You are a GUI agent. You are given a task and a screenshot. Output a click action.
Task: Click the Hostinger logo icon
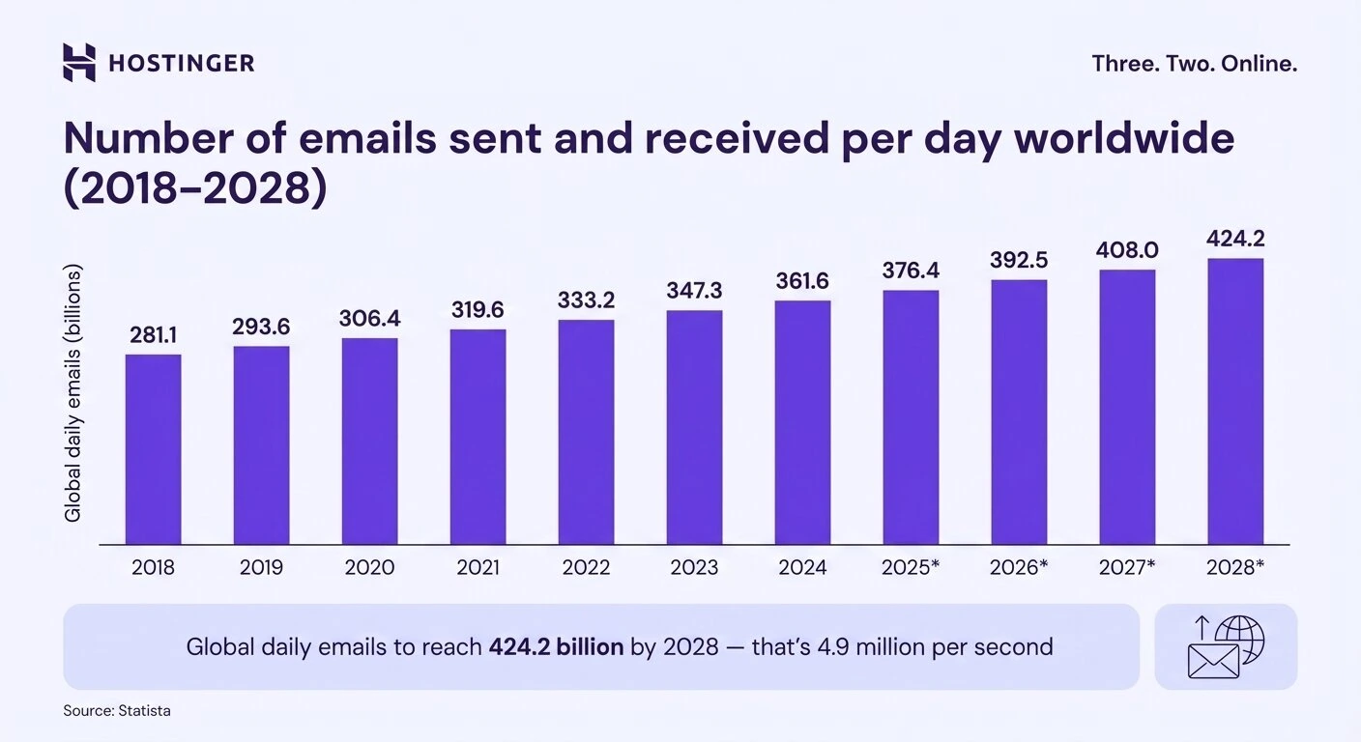click(x=79, y=63)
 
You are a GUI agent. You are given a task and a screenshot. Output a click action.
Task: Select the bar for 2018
click(x=153, y=449)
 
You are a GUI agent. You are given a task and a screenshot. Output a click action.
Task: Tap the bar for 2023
click(x=694, y=427)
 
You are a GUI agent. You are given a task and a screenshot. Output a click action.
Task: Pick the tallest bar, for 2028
click(x=1235, y=401)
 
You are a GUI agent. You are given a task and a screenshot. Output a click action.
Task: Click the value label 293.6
click(x=261, y=327)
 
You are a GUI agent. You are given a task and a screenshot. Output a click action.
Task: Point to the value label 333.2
click(x=586, y=300)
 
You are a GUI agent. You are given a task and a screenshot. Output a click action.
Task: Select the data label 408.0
click(x=1127, y=250)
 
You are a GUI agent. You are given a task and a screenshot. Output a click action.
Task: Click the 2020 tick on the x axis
click(x=369, y=568)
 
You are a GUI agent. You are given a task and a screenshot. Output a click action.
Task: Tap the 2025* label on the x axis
click(x=911, y=568)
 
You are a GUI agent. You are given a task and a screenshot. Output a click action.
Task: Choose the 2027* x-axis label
click(x=1127, y=568)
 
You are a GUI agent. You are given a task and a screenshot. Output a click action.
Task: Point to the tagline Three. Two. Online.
click(x=1194, y=64)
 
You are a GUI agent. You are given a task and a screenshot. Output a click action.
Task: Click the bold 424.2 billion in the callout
click(x=556, y=646)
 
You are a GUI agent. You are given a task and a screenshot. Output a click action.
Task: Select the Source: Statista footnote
click(x=117, y=711)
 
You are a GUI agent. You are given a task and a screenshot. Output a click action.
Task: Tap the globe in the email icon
click(x=1239, y=639)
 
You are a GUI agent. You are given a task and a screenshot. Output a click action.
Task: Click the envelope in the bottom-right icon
click(x=1213, y=662)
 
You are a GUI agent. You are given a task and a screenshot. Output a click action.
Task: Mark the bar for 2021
click(x=478, y=437)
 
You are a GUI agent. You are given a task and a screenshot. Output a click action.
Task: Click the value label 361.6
click(x=802, y=281)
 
